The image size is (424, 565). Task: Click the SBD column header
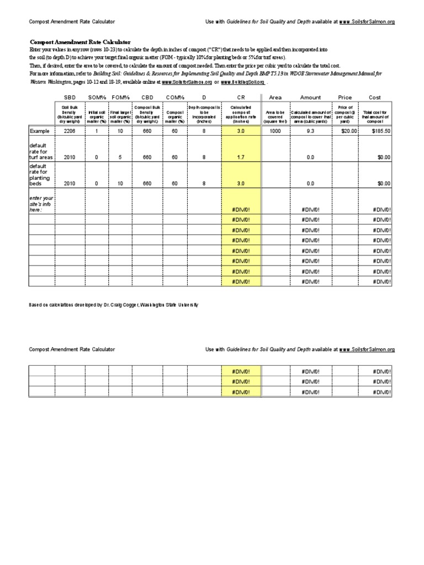click(69, 98)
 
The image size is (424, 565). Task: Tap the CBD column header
click(147, 98)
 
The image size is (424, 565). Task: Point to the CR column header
click(241, 98)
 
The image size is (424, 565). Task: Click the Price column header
click(344, 98)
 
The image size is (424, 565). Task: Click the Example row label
click(40, 131)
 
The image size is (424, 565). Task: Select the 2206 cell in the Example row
click(69, 131)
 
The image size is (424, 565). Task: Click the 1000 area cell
click(275, 131)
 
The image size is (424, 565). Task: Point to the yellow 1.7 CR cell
click(241, 157)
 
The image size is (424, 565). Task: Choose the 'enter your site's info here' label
click(41, 204)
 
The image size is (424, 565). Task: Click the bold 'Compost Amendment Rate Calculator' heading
click(79, 42)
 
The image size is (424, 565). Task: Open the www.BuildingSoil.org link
click(245, 82)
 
